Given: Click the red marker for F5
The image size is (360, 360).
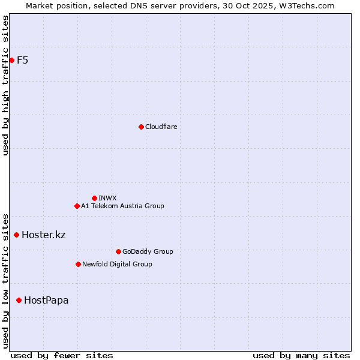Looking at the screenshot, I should pyautogui.click(x=11, y=60).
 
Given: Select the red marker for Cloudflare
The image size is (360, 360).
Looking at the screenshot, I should pyautogui.click(x=141, y=127).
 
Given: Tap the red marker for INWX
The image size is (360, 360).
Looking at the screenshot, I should pyautogui.click(x=94, y=198).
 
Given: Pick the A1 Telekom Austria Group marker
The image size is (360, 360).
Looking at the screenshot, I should pyautogui.click(x=77, y=206).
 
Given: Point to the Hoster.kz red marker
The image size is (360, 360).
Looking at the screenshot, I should pyautogui.click(x=16, y=235).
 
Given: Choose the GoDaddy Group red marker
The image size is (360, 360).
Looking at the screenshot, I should pyautogui.click(x=118, y=251).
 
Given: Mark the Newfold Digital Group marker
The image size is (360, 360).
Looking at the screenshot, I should pyautogui.click(x=78, y=264).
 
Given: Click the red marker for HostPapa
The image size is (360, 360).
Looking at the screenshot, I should pyautogui.click(x=19, y=300).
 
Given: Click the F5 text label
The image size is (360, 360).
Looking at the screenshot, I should pyautogui.click(x=23, y=60).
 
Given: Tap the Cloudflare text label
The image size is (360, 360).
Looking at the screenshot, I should pyautogui.click(x=161, y=127).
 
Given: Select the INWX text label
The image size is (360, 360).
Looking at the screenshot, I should pyautogui.click(x=107, y=198).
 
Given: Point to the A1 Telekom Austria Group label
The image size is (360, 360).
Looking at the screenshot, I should pyautogui.click(x=122, y=206).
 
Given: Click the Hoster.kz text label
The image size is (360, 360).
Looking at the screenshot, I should pyautogui.click(x=43, y=235).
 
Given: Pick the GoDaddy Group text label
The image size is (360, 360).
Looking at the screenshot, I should pyautogui.click(x=148, y=251).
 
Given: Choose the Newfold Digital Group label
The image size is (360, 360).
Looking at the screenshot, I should pyautogui.click(x=117, y=264).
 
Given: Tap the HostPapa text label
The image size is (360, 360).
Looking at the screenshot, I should pyautogui.click(x=46, y=300).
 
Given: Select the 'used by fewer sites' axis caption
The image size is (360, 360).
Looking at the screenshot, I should pyautogui.click(x=62, y=355).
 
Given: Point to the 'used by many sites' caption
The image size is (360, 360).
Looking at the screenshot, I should pyautogui.click(x=301, y=355).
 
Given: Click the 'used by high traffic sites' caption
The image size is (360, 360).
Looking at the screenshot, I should pyautogui.click(x=5, y=85).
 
